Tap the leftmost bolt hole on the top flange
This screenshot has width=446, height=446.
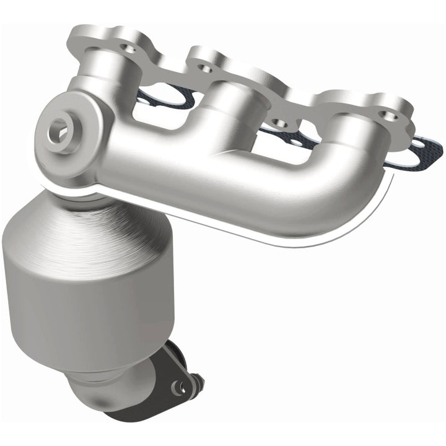pos(129,47)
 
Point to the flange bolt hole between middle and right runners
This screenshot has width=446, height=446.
pos(279,123)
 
